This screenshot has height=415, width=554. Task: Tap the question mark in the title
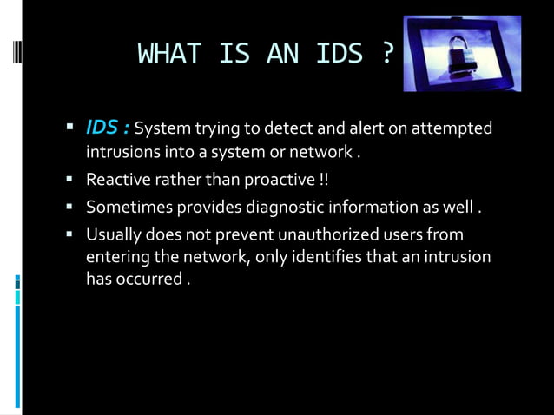point(387,55)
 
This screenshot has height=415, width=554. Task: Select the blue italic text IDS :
point(108,128)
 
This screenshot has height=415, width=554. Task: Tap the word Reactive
point(116,181)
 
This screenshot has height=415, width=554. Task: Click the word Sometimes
point(127,207)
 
